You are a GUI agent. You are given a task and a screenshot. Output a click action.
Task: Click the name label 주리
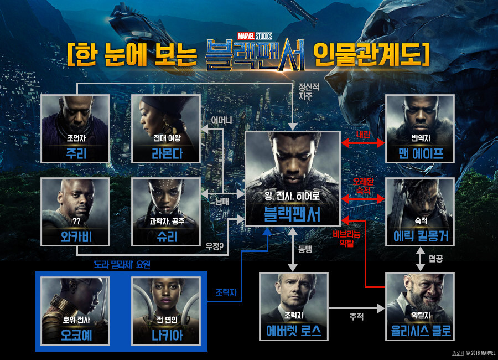coord(75,153)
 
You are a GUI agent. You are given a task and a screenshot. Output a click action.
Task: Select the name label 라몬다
coord(165,153)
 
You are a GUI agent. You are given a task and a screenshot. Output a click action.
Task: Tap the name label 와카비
coord(75,236)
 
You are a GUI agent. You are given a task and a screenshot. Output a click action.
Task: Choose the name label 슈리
coord(165,236)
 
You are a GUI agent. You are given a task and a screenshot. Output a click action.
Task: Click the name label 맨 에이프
coord(419,153)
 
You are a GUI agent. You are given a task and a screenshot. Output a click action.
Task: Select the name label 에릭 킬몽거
coord(419,236)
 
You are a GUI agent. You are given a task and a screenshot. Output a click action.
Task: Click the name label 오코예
coord(76,336)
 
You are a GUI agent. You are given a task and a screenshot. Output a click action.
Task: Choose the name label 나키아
coord(165,336)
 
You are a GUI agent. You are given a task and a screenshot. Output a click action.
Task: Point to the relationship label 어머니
coord(221,120)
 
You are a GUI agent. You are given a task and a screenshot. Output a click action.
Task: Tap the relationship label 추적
coord(356,317)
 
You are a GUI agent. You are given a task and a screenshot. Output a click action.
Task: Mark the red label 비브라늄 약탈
coord(346,238)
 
